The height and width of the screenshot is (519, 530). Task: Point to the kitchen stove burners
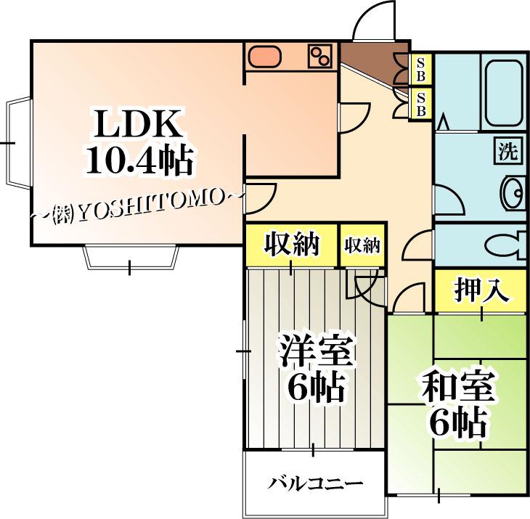pyautogui.click(x=319, y=56)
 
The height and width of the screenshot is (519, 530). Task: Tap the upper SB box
pyautogui.click(x=420, y=70)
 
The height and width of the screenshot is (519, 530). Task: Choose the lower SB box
pyautogui.click(x=420, y=103)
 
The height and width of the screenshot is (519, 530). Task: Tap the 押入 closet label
pyautogui.click(x=478, y=290)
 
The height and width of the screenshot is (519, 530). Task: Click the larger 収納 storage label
pyautogui.click(x=291, y=245)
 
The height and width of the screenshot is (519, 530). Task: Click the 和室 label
pyautogui.click(x=457, y=390)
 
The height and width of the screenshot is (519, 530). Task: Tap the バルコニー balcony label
pyautogui.click(x=314, y=483)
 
